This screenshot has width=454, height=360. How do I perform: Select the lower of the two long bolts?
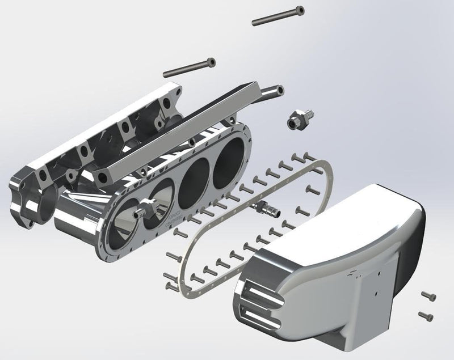click(190, 67)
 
